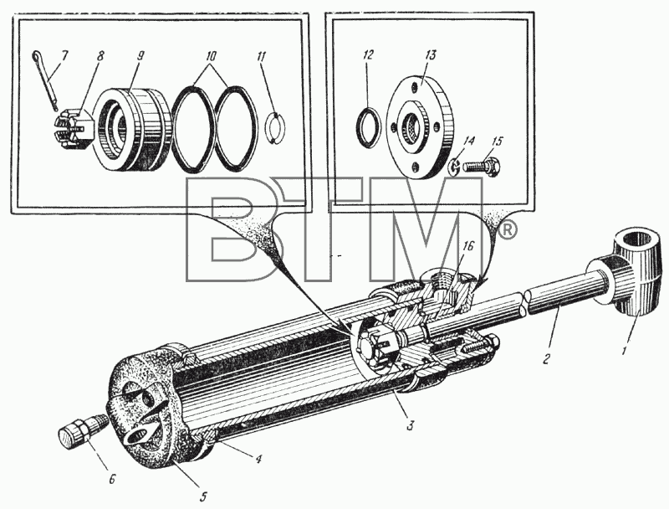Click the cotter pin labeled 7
(x=45, y=80)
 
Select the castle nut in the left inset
(x=74, y=130)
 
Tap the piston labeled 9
(x=133, y=129)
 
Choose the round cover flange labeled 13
(x=420, y=126)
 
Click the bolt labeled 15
(x=482, y=165)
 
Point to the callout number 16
(x=468, y=247)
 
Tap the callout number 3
(x=410, y=426)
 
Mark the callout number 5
(x=202, y=496)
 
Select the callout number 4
(x=258, y=460)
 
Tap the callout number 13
(x=431, y=55)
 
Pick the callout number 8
(x=100, y=56)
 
